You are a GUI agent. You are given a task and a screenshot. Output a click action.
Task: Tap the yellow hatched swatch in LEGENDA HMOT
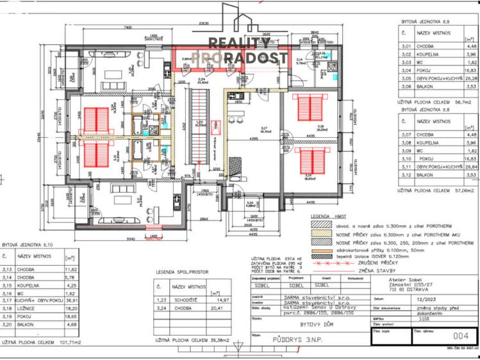[319, 234]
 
